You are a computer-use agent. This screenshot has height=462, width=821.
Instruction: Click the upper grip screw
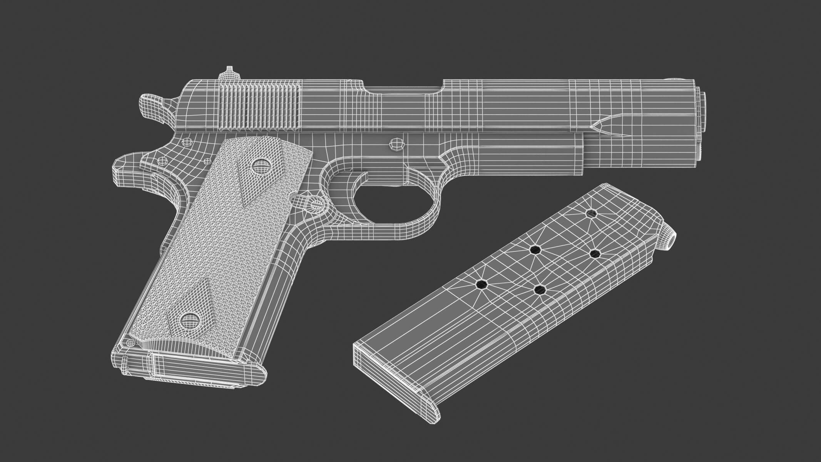[260, 167]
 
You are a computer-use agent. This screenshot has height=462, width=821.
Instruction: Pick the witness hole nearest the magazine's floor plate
[481, 285]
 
